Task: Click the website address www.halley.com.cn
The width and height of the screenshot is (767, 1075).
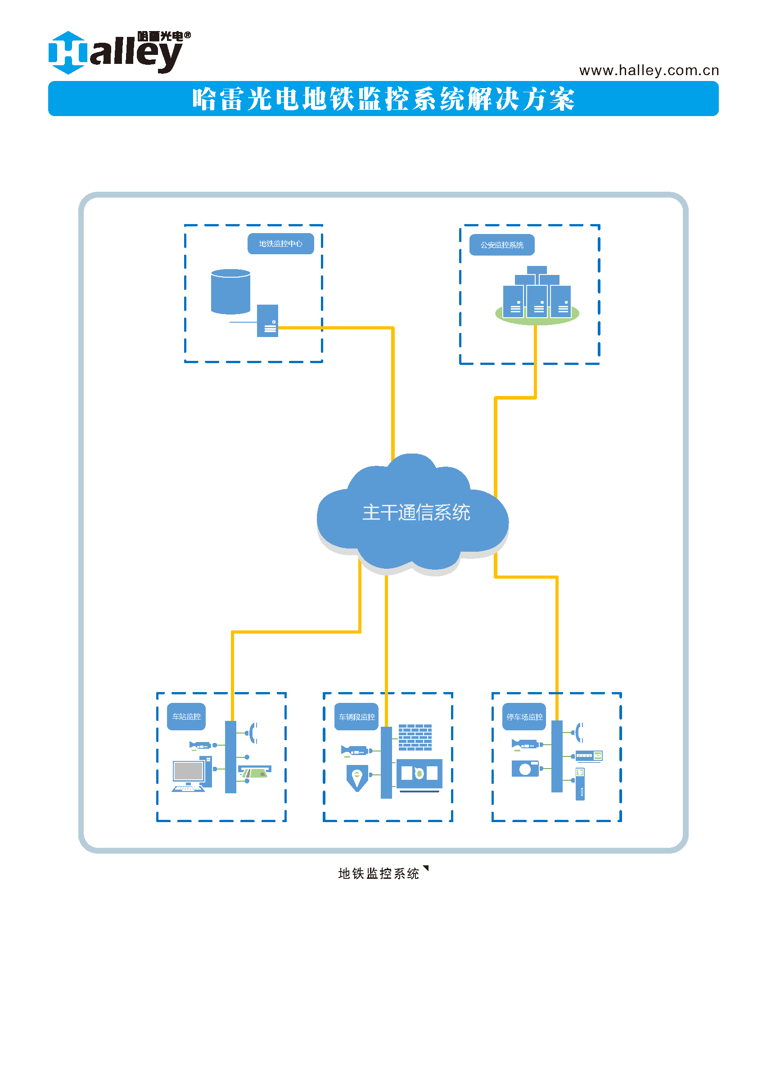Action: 649,70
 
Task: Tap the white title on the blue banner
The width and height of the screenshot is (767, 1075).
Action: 383,99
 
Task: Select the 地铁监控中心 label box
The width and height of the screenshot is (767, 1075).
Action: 280,243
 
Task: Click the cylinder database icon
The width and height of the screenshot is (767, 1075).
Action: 230,291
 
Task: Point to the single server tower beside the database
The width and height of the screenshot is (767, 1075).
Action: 267,320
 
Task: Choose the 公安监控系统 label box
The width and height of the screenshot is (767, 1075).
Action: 501,245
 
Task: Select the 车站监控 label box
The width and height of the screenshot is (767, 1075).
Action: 186,717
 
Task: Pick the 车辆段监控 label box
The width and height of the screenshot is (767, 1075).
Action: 356,717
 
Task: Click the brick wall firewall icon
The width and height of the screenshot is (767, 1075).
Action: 415,737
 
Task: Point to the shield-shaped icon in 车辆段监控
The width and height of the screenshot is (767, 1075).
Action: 357,777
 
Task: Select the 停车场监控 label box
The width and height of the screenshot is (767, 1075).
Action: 524,717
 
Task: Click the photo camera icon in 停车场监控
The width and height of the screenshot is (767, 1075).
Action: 525,769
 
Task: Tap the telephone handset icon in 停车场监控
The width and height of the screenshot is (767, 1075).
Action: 579,732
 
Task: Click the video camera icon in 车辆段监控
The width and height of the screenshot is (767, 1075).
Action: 354,750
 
